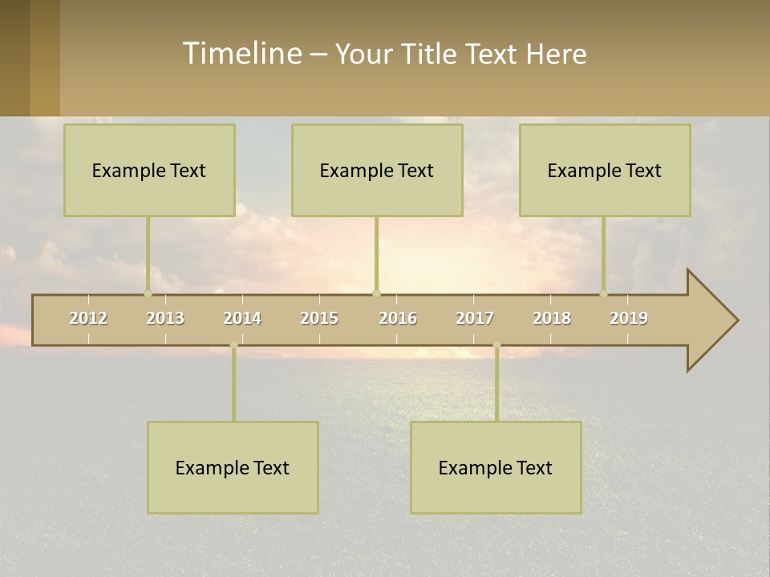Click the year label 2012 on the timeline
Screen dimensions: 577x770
[88, 318]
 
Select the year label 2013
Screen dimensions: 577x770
[165, 318]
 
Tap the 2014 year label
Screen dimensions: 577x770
[242, 318]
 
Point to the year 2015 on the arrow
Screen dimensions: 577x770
[319, 318]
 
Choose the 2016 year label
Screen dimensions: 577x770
[398, 318]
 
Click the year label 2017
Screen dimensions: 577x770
[475, 318]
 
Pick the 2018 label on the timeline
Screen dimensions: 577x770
[552, 318]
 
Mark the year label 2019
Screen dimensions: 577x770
[629, 318]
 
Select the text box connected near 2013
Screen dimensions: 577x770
[149, 170]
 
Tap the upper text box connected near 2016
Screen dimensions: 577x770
[377, 170]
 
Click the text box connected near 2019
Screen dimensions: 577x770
[605, 170]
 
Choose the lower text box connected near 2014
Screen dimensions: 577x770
[233, 467]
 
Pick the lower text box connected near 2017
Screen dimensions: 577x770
[496, 467]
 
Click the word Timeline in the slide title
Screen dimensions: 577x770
[241, 54]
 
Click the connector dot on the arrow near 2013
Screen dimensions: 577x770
[148, 293]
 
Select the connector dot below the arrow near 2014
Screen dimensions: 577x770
[233, 345]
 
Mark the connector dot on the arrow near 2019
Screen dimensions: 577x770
[603, 293]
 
